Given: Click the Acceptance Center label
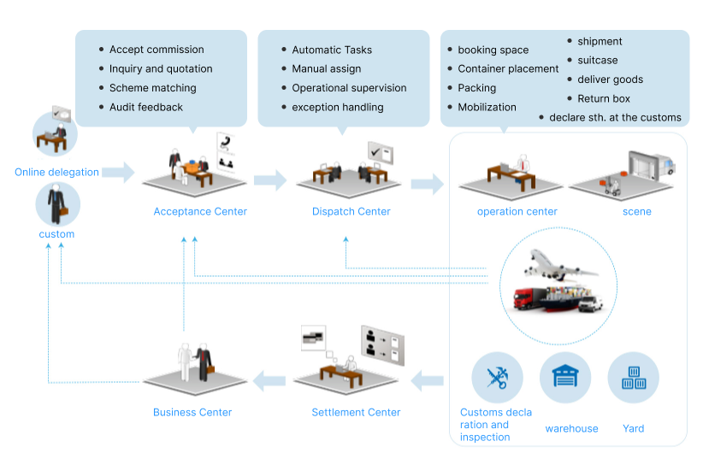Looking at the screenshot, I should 200,211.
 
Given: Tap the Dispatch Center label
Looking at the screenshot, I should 351,211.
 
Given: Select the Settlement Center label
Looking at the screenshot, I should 356,412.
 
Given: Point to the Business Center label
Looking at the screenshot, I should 192,412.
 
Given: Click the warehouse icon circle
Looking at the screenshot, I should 565,378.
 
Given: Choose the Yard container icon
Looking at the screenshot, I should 633,378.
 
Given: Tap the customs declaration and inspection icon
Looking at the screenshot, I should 497,378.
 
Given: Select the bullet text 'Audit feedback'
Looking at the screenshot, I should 146,107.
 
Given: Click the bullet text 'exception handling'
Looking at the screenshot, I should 337,107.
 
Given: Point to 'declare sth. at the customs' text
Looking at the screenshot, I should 615,117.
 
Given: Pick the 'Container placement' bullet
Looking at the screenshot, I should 508,68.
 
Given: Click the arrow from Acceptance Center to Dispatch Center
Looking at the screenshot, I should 270,180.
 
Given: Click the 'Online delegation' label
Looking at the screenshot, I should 56,172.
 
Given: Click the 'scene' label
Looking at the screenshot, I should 636,211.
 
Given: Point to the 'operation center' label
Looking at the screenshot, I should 517,211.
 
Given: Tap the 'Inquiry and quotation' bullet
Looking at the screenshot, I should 161,68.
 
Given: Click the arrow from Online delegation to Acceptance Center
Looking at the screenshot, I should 119,172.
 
